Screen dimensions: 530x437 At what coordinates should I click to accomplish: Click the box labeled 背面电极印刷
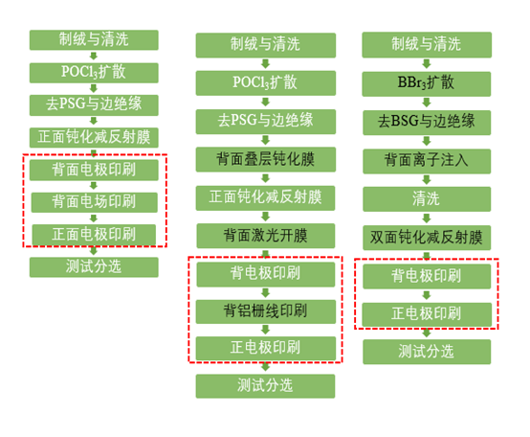[94, 170]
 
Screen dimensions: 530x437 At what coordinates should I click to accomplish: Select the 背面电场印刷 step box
[95, 202]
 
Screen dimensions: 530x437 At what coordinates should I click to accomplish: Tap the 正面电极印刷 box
[94, 234]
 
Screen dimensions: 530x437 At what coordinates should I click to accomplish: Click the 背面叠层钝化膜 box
[266, 159]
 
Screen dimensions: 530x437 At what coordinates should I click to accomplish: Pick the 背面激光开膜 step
[266, 236]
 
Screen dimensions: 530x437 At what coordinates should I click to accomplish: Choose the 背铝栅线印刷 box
[266, 311]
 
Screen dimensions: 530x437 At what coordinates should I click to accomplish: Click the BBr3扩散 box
[427, 83]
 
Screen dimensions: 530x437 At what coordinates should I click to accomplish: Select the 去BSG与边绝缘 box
[427, 123]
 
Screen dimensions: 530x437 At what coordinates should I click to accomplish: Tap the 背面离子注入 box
[427, 161]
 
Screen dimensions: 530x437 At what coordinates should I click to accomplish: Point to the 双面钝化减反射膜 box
[427, 238]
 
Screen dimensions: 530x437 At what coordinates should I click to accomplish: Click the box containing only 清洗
[427, 199]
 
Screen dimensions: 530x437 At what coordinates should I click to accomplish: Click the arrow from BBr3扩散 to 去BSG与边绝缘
[427, 103]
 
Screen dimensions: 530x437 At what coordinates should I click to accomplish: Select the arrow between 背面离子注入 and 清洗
[427, 180]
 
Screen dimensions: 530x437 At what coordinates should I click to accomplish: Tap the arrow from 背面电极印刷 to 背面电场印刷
[94, 186]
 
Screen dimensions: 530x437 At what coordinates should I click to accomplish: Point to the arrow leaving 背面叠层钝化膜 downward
[266, 178]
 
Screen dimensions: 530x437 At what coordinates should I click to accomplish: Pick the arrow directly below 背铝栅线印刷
[266, 330]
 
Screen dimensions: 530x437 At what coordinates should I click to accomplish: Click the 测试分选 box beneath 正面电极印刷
[94, 267]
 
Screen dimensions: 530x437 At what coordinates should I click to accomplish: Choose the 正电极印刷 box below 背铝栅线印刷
[266, 348]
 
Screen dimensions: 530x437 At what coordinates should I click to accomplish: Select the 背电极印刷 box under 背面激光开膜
[266, 274]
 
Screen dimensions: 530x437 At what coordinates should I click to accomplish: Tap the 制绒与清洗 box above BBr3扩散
[427, 45]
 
